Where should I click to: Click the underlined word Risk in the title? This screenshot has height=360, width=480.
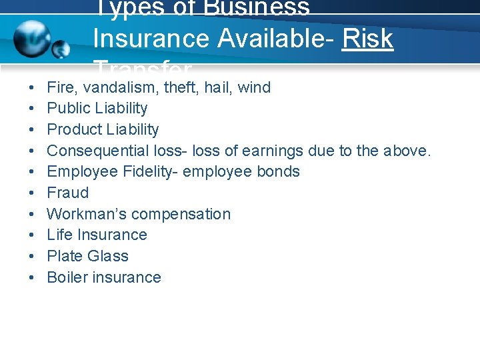point(367,39)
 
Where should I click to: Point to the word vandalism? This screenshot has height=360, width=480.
point(115,87)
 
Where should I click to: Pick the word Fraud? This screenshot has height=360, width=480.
point(67,193)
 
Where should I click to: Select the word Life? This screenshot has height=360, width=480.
point(59,235)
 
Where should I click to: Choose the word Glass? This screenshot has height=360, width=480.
point(107,256)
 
